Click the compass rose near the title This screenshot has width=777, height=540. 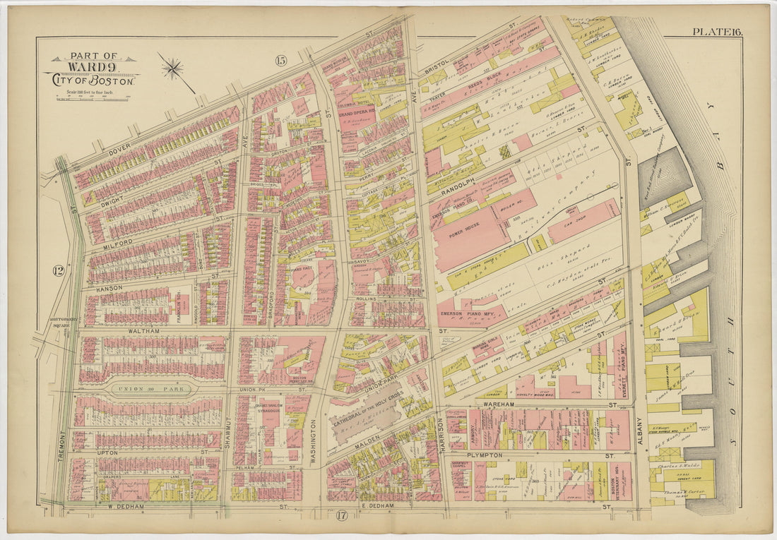pyautogui.click(x=172, y=68)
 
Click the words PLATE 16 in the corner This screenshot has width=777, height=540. pyautogui.click(x=716, y=31)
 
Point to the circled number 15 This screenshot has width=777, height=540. pyautogui.click(x=280, y=61)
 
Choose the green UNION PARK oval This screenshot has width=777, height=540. pyautogui.click(x=151, y=388)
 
